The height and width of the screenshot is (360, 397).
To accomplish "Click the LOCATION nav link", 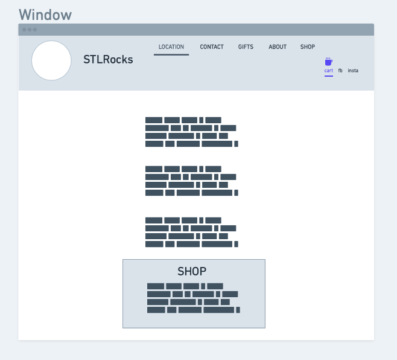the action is coord(171,47).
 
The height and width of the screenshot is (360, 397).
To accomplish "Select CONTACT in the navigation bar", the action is coord(212,47).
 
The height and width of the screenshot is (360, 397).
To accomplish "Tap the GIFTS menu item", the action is coord(246,47).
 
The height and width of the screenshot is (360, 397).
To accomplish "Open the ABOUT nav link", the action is coord(278,47).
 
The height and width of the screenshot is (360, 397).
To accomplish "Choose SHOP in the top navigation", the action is coord(308,47).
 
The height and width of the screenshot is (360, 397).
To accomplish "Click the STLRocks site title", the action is coord(108,60).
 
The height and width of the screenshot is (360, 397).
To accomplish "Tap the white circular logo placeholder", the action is coord(51,60).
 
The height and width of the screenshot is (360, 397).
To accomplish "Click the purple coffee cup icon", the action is coord(329,62).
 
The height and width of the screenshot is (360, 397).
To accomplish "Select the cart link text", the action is coord(329,71).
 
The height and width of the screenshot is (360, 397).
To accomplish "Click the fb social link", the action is coord(340,71).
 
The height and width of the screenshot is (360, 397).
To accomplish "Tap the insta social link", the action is coord(353,71).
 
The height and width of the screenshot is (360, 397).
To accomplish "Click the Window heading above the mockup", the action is coord(45,14).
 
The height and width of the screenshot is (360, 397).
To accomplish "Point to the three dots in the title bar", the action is coord(30,30).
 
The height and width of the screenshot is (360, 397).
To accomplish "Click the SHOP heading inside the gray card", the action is coord(192,272).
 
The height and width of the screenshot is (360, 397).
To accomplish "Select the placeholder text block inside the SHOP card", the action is coord(194,298).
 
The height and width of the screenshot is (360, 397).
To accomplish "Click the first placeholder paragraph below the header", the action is coord(192,132).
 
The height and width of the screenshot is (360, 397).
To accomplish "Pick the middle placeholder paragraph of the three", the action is coord(192,181).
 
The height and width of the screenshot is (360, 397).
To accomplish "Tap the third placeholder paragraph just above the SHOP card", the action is coord(192,232).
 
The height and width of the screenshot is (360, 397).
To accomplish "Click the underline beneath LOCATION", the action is coord(171,54).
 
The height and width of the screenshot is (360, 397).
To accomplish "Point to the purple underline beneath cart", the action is coord(329,76).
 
